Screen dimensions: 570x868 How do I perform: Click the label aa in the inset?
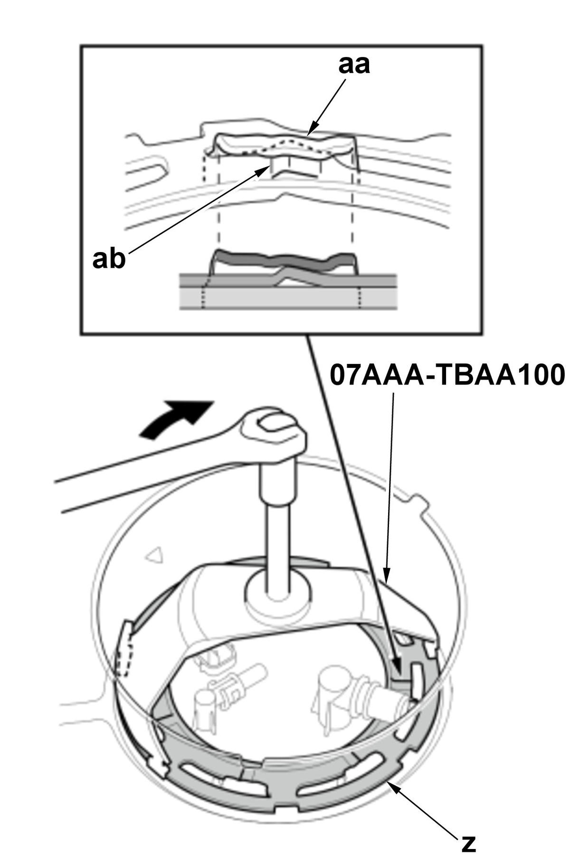tap(354, 65)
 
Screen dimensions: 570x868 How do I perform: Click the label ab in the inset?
tap(109, 259)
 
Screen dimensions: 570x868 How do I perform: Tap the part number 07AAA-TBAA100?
tap(448, 375)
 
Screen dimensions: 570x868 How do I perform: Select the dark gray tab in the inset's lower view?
tap(284, 260)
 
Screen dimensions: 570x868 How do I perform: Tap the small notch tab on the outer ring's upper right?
tap(418, 503)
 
